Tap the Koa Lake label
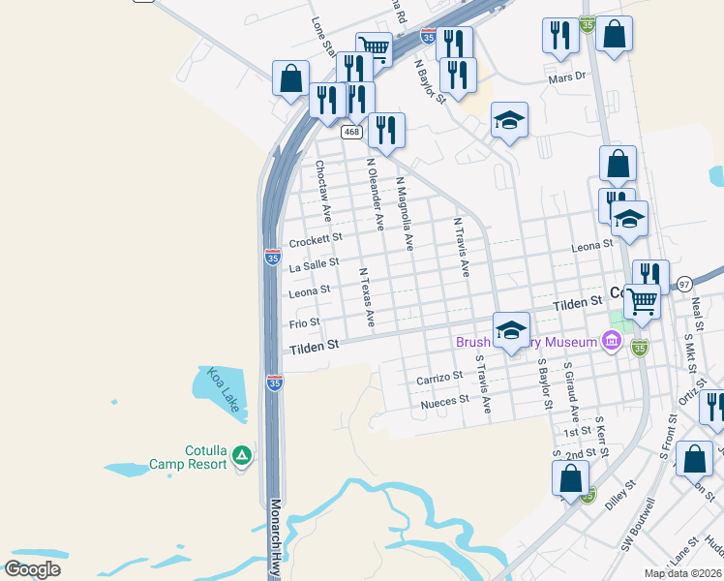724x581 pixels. [x=221, y=389]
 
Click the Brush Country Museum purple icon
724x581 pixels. [x=611, y=341]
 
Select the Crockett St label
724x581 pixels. [x=316, y=237]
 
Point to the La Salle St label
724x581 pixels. [x=314, y=262]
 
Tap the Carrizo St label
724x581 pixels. [x=439, y=378]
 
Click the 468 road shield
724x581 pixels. [x=351, y=131]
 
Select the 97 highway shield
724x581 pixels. [x=684, y=284]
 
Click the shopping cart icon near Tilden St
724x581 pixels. [x=641, y=301]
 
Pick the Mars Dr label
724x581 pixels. [x=567, y=76]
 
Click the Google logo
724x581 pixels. [x=32, y=569]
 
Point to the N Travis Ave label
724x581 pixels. [x=462, y=249]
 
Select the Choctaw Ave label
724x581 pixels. [x=323, y=189]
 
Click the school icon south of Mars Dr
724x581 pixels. [x=509, y=122]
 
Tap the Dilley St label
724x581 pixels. [x=619, y=492]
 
